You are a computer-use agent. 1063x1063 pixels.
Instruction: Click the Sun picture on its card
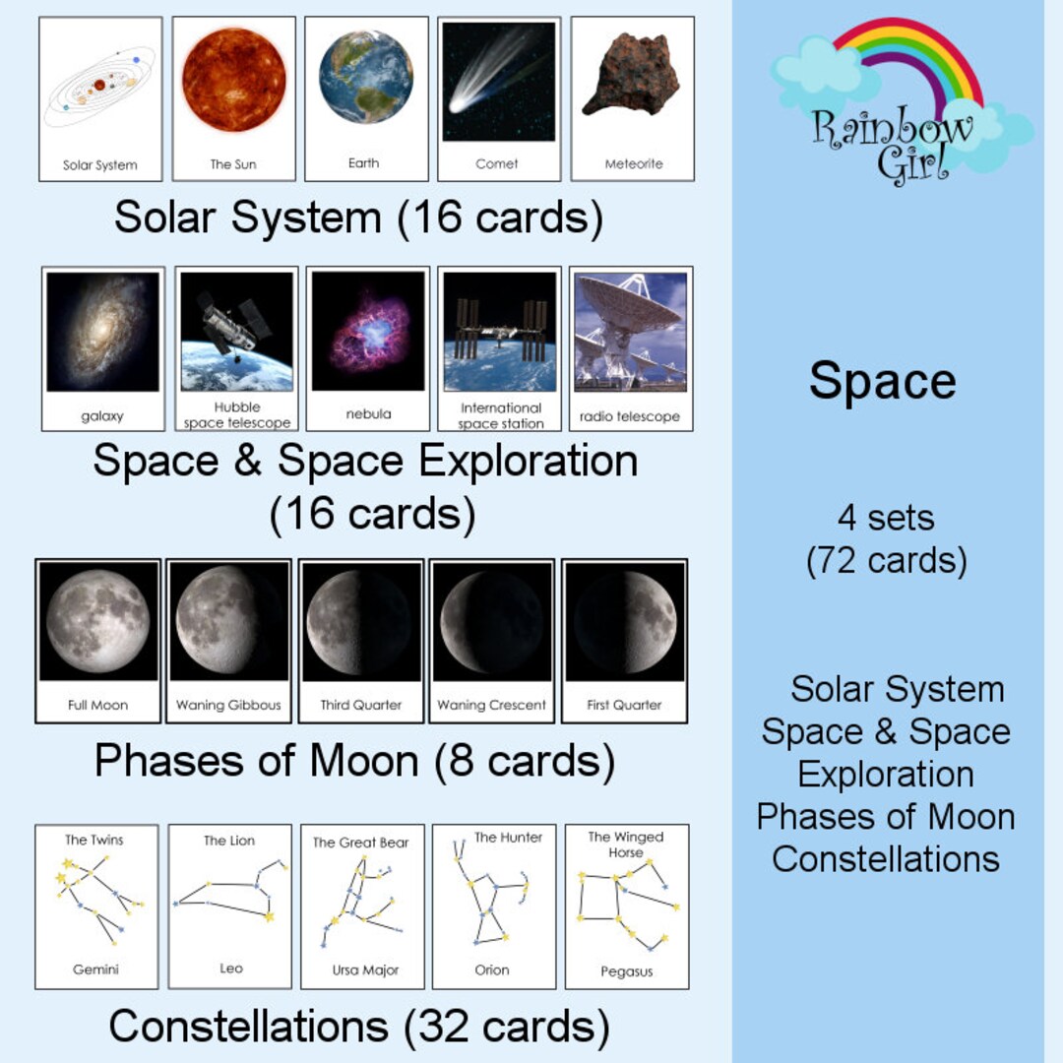233,81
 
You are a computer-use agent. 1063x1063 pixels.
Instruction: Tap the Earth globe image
366,77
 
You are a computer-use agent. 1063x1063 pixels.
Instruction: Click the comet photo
498,82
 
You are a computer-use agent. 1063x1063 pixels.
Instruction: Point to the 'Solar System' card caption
100,165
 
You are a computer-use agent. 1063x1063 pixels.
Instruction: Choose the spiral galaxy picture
102,332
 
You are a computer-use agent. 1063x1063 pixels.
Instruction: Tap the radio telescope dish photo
631,332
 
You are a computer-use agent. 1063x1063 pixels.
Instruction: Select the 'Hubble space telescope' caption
237,415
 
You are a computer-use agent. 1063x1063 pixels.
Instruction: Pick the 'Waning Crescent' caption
492,705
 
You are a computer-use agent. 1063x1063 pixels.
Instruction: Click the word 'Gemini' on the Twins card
95,969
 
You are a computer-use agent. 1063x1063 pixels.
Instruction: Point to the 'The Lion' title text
229,841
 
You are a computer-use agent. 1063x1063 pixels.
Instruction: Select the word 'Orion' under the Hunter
492,969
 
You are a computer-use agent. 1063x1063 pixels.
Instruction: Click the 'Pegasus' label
627,971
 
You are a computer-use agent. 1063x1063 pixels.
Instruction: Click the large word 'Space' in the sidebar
882,381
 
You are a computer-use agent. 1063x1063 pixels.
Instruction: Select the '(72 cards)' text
886,561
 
